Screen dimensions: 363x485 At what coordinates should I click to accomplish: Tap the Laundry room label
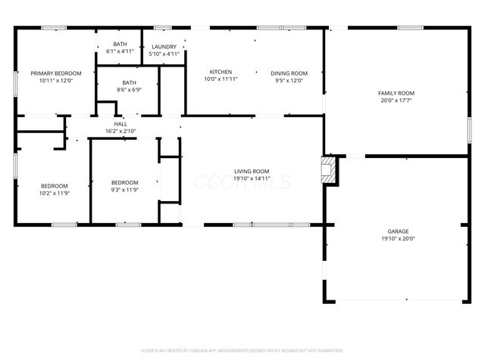(163, 45)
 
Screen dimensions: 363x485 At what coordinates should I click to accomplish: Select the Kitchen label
(221, 73)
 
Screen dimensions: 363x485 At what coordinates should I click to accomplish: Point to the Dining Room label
(289, 73)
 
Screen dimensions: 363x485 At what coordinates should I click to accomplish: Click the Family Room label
(396, 93)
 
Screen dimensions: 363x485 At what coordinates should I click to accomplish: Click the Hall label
(120, 124)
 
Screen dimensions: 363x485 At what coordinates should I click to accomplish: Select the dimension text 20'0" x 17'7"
(396, 101)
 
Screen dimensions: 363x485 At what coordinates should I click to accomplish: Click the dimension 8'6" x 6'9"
(129, 90)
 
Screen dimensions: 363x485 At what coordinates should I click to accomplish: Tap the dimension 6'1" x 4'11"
(120, 52)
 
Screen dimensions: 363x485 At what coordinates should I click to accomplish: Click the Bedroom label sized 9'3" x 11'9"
(125, 182)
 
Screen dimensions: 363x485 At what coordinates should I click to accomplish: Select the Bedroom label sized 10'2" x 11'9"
(55, 186)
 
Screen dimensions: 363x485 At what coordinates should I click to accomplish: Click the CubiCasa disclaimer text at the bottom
(242, 350)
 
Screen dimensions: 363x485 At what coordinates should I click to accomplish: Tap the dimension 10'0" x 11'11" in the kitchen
(221, 80)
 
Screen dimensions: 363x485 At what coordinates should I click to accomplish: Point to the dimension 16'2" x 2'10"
(120, 132)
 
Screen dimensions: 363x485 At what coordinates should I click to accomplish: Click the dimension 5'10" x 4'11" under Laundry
(163, 54)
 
